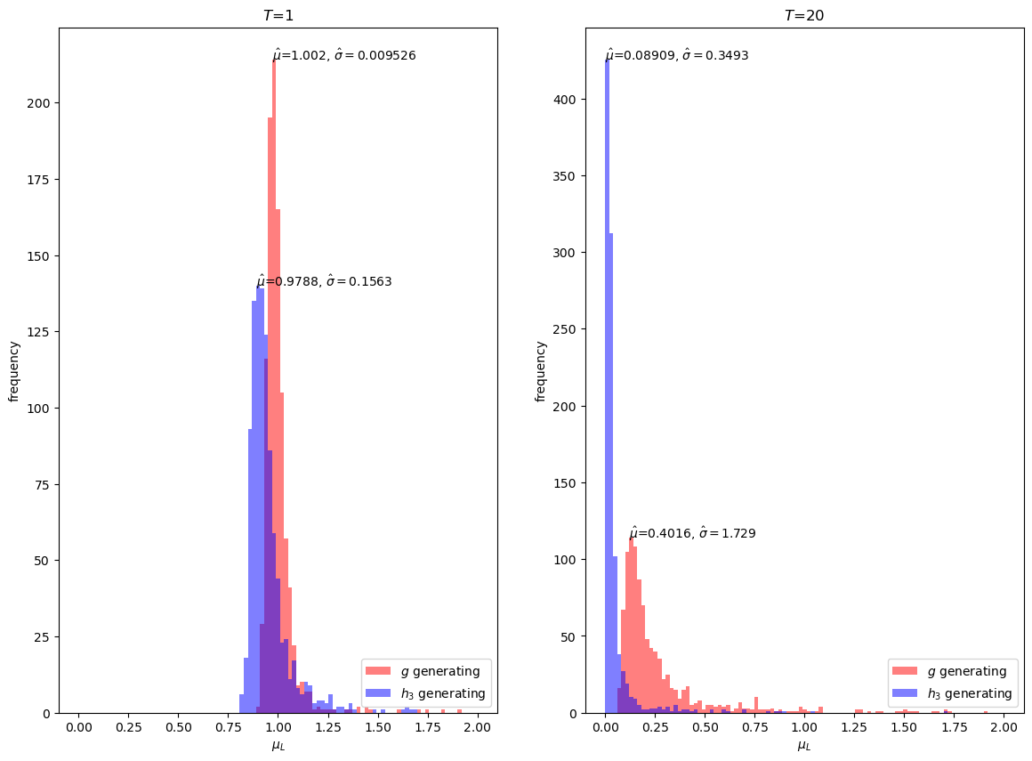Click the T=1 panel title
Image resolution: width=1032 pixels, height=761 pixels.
278,15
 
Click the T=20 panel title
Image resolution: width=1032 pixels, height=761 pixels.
804,15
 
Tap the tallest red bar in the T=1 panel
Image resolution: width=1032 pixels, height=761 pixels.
274,386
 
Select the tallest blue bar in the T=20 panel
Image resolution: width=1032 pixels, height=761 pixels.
608,386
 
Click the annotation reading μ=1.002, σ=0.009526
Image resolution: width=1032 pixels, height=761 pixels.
344,55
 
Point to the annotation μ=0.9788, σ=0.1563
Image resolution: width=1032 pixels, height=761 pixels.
324,281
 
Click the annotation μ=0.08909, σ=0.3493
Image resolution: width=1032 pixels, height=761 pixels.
677,55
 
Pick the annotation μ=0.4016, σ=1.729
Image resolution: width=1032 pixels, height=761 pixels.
692,532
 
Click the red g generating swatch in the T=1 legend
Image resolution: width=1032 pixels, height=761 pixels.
378,671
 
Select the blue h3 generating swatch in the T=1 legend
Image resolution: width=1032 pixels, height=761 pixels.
378,693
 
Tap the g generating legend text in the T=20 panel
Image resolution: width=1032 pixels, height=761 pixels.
967,671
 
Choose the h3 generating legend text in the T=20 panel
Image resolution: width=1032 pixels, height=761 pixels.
970,693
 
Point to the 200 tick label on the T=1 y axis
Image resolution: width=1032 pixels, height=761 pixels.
38,103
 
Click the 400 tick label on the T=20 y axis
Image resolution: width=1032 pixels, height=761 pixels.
565,100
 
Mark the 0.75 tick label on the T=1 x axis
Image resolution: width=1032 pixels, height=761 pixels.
228,727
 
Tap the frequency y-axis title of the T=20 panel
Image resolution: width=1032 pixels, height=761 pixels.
540,371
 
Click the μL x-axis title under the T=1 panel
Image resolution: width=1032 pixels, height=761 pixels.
278,746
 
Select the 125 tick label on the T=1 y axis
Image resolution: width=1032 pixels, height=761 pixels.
38,333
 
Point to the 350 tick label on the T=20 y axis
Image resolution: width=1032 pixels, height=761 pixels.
565,176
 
